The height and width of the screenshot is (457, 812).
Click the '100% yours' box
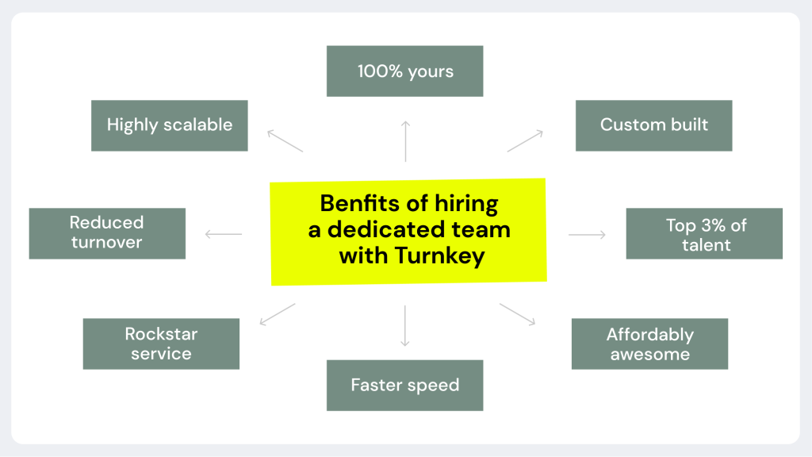404,71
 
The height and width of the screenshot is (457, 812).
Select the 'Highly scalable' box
170,125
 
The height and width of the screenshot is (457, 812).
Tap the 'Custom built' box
653,125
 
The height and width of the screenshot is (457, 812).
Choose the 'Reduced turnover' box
107,233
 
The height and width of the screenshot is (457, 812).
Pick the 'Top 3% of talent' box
704,233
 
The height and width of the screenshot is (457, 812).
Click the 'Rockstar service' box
161,344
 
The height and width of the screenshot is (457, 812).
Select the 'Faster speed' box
404,386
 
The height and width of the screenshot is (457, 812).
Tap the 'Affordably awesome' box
649,344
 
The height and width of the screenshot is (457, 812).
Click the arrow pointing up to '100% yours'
405,140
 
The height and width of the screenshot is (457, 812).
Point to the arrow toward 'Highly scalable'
285,140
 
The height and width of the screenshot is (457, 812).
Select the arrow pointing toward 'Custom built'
525,140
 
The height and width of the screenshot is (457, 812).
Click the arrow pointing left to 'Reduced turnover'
223,234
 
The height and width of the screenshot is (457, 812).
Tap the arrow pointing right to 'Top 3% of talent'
587,234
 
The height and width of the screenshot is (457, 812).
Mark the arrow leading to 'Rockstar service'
278,314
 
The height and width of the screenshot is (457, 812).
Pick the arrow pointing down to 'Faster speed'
405,325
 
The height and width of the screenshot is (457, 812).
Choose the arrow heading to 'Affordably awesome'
518,314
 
